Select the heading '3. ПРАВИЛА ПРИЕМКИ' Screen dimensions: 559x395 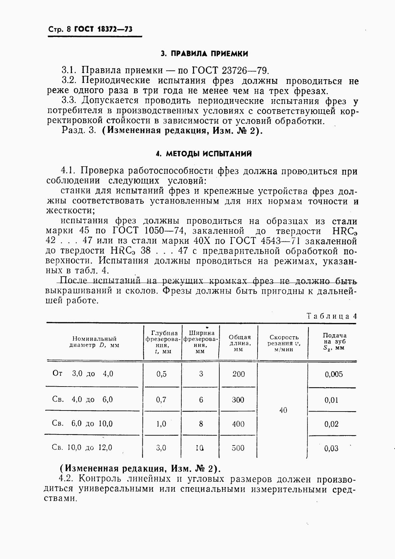204,54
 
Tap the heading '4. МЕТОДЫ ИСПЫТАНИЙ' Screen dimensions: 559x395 204,154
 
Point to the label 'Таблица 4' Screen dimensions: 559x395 331,316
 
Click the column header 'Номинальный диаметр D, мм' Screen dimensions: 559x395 94,342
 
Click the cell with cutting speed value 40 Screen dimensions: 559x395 283,411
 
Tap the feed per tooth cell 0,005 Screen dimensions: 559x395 334,374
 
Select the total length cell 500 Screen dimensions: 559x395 238,448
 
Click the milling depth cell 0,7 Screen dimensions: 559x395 161,400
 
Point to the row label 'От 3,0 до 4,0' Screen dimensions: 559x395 83,374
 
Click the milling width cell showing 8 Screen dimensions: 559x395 201,424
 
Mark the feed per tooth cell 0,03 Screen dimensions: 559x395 331,448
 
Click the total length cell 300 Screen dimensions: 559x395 238,400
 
